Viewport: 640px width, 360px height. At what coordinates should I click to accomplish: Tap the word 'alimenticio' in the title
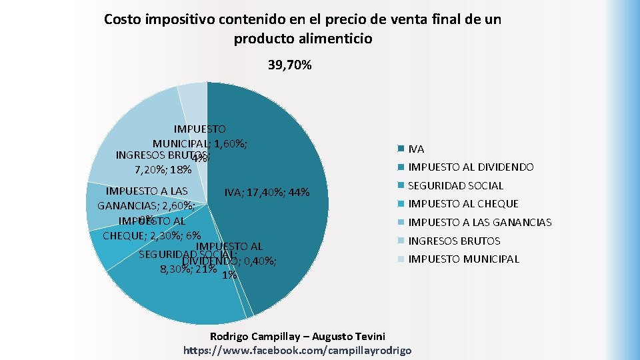(336, 39)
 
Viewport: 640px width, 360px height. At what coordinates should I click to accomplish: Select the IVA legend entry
(416, 149)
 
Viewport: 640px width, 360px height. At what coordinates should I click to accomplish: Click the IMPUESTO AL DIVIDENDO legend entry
(471, 167)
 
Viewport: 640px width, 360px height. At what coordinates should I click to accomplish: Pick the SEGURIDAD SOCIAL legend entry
(455, 185)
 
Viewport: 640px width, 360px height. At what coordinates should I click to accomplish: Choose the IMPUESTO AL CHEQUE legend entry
(463, 204)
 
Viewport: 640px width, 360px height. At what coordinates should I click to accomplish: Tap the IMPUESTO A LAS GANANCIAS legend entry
(479, 223)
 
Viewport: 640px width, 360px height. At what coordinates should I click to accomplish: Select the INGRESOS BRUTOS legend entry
(454, 241)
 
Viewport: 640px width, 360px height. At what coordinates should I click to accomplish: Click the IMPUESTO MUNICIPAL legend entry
(463, 259)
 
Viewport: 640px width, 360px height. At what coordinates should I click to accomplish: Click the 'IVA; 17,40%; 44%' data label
(267, 193)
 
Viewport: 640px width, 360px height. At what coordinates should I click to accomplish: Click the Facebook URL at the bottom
(297, 350)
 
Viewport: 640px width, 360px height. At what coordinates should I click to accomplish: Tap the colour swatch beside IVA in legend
(401, 149)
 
